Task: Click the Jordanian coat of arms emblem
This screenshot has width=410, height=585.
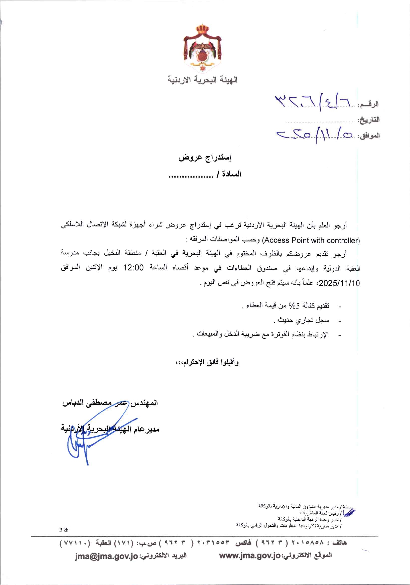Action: pyautogui.click(x=202, y=49)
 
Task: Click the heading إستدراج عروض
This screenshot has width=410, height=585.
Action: pyautogui.click(x=205, y=157)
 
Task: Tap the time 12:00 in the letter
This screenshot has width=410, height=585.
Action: pyautogui.click(x=133, y=268)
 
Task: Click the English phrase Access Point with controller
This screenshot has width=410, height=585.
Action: pyautogui.click(x=311, y=240)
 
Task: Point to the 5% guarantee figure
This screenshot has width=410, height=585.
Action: pyautogui.click(x=294, y=305)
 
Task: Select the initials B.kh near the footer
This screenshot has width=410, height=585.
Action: pyautogui.click(x=64, y=530)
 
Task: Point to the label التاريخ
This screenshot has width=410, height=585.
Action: pyautogui.click(x=368, y=120)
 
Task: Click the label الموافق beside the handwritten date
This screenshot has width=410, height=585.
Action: pyautogui.click(x=369, y=136)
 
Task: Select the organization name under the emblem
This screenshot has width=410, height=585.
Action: pyautogui.click(x=202, y=80)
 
